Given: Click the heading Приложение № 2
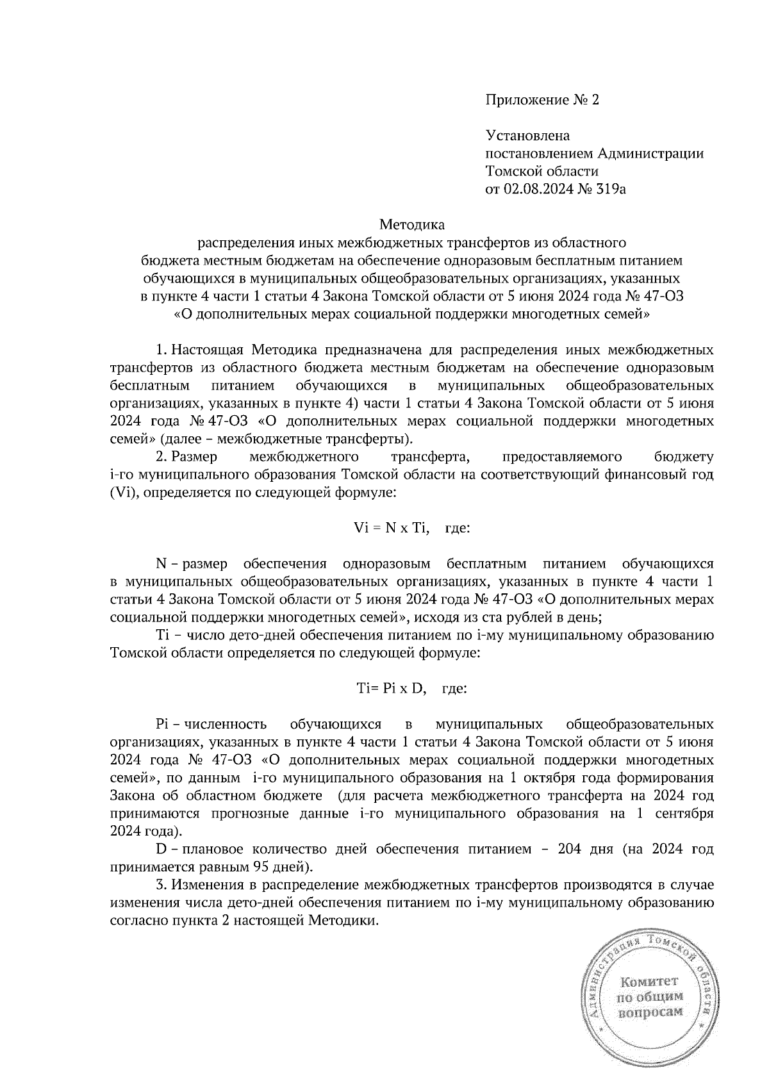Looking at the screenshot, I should pyautogui.click(x=542, y=100).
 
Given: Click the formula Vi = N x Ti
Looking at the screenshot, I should pyautogui.click(x=390, y=528).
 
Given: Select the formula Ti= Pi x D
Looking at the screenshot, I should pyautogui.click(x=391, y=689).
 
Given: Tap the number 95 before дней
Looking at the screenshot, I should pyautogui.click(x=258, y=868).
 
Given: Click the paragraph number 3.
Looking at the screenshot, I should pyautogui.click(x=161, y=886).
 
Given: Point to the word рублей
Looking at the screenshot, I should pyautogui.click(x=524, y=618).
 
